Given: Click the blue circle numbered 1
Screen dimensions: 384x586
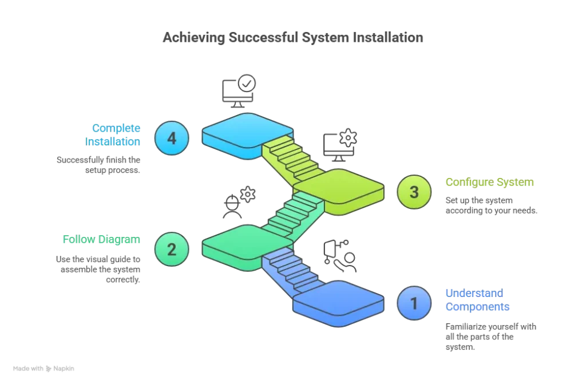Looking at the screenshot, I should [x=414, y=303].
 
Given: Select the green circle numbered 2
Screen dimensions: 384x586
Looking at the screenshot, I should [x=172, y=249].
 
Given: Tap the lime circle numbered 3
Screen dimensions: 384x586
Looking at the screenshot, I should [x=414, y=192].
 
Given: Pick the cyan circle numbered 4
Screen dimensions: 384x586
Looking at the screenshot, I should [x=172, y=138].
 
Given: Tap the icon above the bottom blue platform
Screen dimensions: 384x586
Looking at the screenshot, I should [x=339, y=256].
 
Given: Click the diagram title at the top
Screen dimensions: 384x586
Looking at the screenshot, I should [x=292, y=38].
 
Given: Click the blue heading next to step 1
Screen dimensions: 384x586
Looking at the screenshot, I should [x=477, y=300].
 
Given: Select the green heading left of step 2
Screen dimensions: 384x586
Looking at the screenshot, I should [x=100, y=240].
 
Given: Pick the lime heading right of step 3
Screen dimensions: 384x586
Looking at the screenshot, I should [x=490, y=183].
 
